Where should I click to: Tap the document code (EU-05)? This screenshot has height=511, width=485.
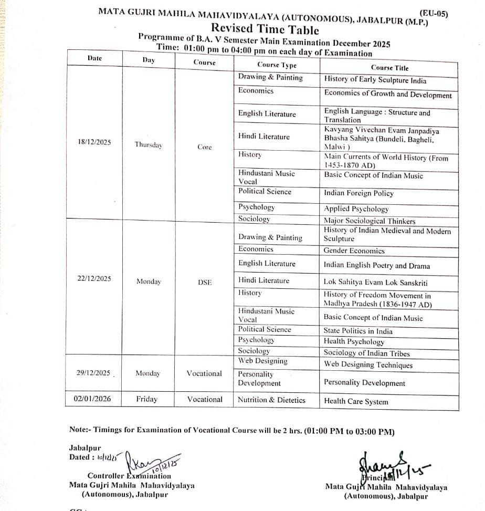point(434,14)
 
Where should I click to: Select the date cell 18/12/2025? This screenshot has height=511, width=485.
point(94,142)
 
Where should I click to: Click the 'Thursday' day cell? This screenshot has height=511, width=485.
point(149,144)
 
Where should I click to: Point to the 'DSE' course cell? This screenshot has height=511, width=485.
point(205,282)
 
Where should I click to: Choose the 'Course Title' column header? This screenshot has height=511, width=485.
point(389,68)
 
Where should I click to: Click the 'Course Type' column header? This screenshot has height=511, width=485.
point(277,65)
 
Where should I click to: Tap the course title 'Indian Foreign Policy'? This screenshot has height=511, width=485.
point(359,193)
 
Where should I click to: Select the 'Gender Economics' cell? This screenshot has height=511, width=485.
point(354,251)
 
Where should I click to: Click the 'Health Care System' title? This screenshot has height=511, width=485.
point(356,401)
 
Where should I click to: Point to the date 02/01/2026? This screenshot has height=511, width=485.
point(92,399)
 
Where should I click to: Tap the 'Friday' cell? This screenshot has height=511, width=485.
point(146,399)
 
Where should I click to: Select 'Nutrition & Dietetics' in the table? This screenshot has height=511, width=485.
point(271,400)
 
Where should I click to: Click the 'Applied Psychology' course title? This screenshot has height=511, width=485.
point(356,209)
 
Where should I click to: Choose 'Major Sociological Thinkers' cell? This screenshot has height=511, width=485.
point(369,221)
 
